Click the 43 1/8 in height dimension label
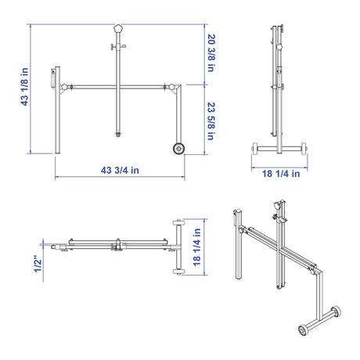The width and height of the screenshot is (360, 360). point(24,87)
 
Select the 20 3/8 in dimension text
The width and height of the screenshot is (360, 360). point(211,53)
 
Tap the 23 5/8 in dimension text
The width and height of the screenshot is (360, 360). point(211,121)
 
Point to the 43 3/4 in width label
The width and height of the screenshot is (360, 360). point(120,171)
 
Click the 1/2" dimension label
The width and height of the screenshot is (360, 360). point(38,265)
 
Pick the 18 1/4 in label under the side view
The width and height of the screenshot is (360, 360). point(281,174)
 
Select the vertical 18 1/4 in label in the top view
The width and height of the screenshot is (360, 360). point(197,247)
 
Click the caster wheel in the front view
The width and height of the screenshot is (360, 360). point(179,149)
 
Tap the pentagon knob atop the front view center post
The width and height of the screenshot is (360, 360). point(118,28)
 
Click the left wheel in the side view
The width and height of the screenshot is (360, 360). point(255,149)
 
